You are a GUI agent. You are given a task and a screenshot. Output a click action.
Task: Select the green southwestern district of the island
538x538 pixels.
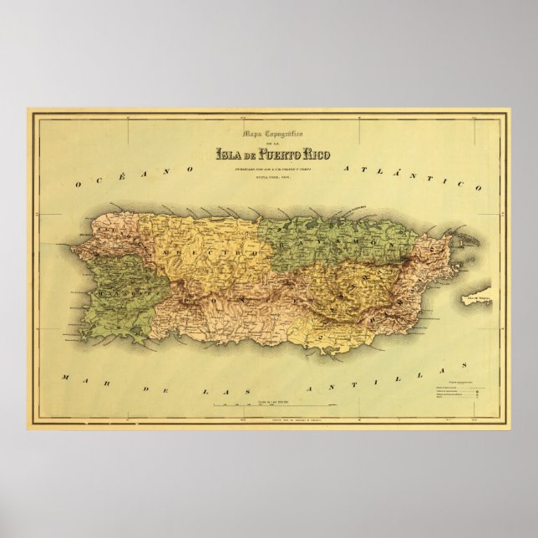121,288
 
